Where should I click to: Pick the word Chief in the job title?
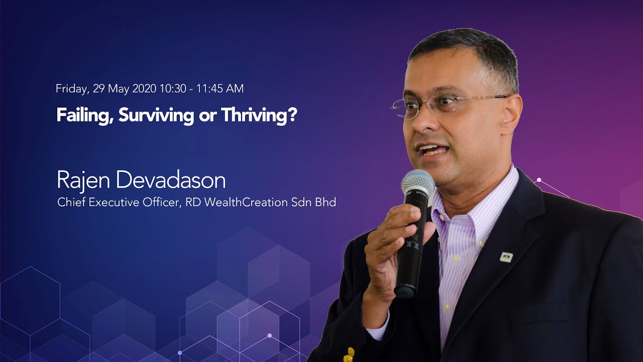[x=69, y=203]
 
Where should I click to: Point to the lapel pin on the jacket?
[x=506, y=257]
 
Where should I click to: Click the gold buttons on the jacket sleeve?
[x=349, y=354]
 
